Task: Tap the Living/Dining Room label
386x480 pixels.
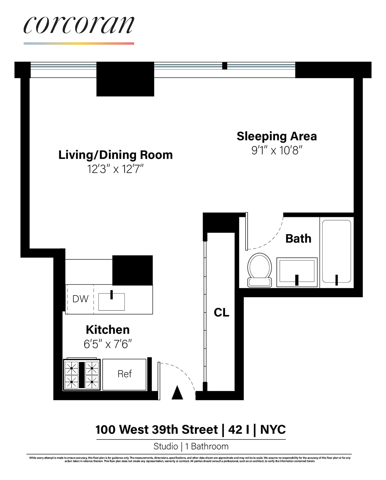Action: click(116, 155)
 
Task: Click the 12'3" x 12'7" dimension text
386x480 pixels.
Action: click(116, 169)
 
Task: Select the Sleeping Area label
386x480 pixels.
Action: click(276, 136)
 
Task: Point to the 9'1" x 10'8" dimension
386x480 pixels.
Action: click(276, 150)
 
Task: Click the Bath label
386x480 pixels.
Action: click(298, 239)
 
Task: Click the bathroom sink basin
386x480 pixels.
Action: click(297, 271)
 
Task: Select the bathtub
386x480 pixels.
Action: click(336, 251)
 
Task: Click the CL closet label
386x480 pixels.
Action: click(222, 313)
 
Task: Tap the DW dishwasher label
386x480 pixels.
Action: click(80, 299)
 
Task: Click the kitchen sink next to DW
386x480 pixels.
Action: click(111, 301)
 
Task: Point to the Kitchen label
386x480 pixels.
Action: click(108, 330)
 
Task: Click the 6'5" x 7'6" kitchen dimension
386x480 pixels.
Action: click(108, 344)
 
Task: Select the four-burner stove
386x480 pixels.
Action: click(81, 375)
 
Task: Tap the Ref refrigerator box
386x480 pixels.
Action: click(125, 374)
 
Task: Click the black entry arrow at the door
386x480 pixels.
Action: click(177, 393)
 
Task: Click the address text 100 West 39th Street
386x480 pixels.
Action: click(157, 430)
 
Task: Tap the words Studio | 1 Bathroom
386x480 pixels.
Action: click(191, 446)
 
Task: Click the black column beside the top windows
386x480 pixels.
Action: click(125, 79)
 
